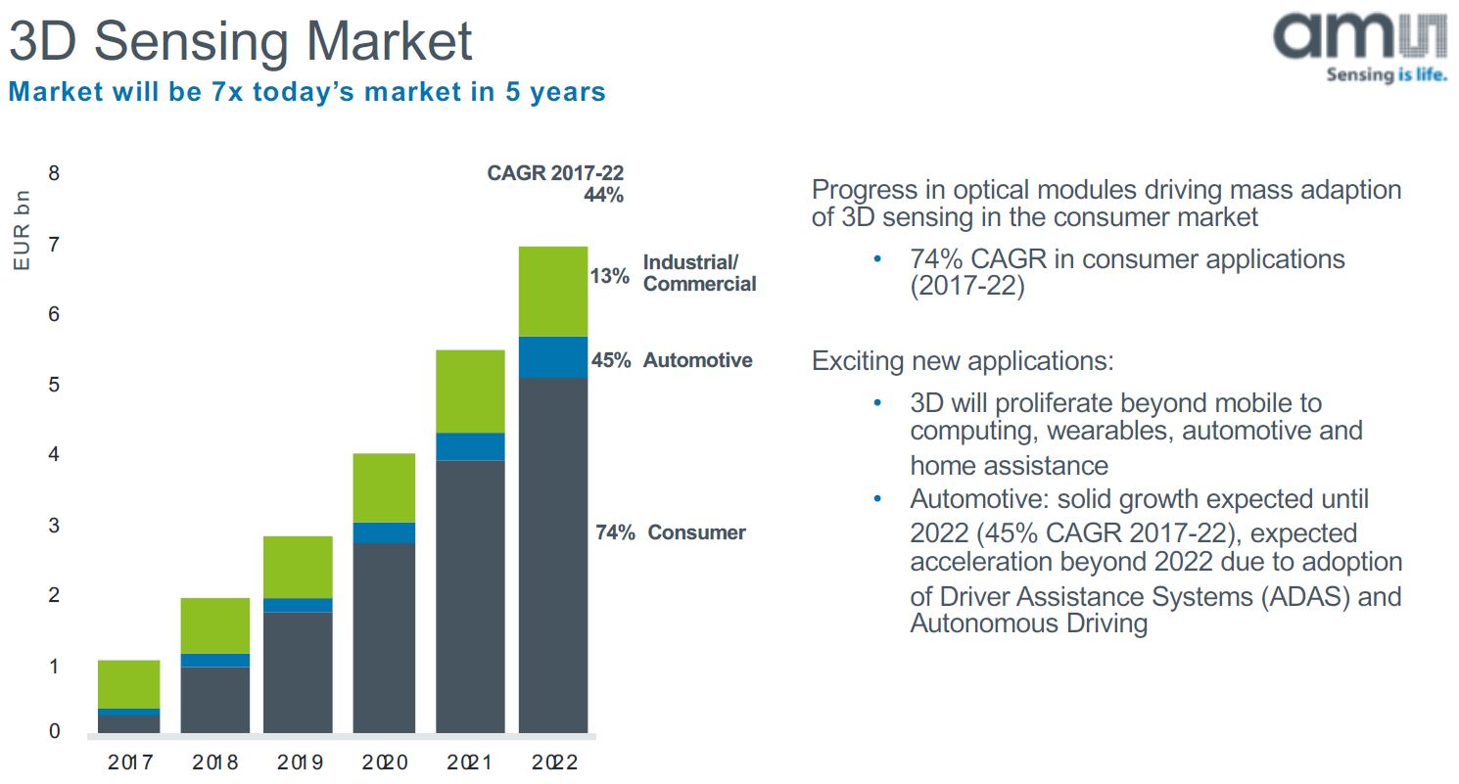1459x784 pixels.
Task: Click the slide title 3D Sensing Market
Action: tap(241, 42)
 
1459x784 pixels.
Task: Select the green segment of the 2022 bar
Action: tap(553, 291)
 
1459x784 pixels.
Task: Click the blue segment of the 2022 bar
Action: tap(553, 357)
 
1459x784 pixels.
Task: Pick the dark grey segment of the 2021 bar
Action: tap(470, 596)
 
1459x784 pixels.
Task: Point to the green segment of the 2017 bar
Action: tap(128, 684)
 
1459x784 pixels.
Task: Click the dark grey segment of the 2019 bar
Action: tap(298, 672)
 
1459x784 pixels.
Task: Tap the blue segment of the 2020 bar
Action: tap(384, 532)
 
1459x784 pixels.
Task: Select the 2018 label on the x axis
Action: tap(214, 762)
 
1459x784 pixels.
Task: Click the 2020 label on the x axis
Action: tap(384, 762)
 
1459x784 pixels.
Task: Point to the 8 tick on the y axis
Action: tap(54, 173)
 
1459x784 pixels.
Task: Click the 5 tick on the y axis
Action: tap(54, 385)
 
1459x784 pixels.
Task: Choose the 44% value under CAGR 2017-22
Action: tap(603, 195)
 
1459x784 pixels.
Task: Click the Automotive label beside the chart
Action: tap(697, 360)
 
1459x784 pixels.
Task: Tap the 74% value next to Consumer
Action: tap(615, 532)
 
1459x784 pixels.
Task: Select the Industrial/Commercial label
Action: tap(699, 273)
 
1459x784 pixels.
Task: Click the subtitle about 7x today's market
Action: tap(306, 92)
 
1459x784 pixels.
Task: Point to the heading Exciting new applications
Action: tap(963, 361)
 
